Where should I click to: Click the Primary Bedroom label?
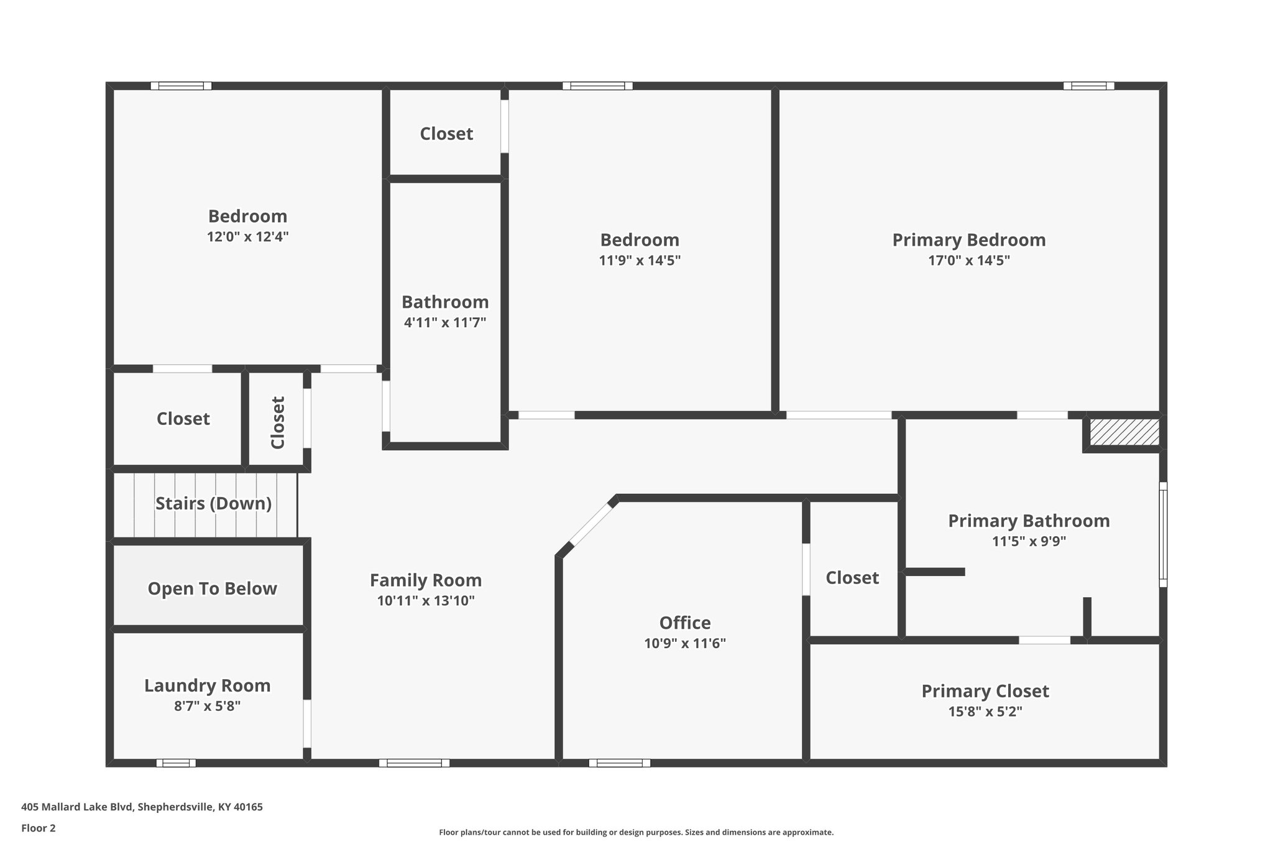click(968, 240)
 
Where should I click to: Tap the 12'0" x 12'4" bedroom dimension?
click(247, 237)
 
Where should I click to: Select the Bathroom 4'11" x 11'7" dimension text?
click(444, 323)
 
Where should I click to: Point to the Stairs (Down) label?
click(213, 503)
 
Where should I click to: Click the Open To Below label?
click(212, 588)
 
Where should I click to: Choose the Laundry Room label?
click(207, 685)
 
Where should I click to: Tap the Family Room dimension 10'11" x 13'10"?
click(425, 601)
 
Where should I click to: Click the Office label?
click(684, 623)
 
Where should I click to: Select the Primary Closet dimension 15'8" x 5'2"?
click(985, 712)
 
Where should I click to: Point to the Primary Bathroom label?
click(1028, 521)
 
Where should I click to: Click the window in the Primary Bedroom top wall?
click(1088, 86)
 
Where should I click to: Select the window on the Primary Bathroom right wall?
click(1162, 534)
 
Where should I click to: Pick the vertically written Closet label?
click(277, 422)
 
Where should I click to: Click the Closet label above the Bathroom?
click(446, 134)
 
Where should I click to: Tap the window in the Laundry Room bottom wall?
click(175, 763)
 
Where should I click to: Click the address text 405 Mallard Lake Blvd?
click(142, 807)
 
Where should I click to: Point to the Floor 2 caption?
click(38, 828)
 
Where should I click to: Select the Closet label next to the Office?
click(852, 578)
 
